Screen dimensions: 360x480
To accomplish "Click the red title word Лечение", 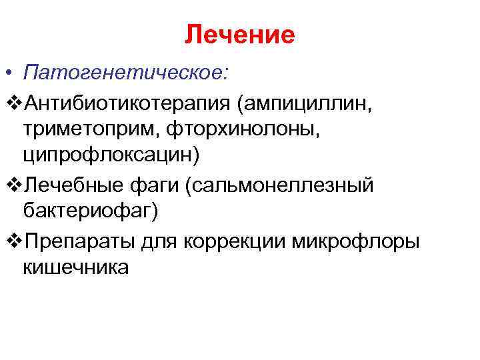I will click(x=240, y=35).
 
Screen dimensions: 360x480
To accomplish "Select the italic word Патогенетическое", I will click(x=126, y=73).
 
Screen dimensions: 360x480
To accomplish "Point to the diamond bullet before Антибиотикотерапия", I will click(x=15, y=103).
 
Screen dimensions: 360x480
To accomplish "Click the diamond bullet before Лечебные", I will click(x=15, y=186).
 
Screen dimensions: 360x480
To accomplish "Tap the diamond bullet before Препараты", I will click(x=15, y=241).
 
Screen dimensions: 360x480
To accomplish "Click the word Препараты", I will click(x=81, y=241).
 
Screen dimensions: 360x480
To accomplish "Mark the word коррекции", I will click(x=235, y=241).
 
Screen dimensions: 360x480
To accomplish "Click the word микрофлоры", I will click(x=355, y=241).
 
